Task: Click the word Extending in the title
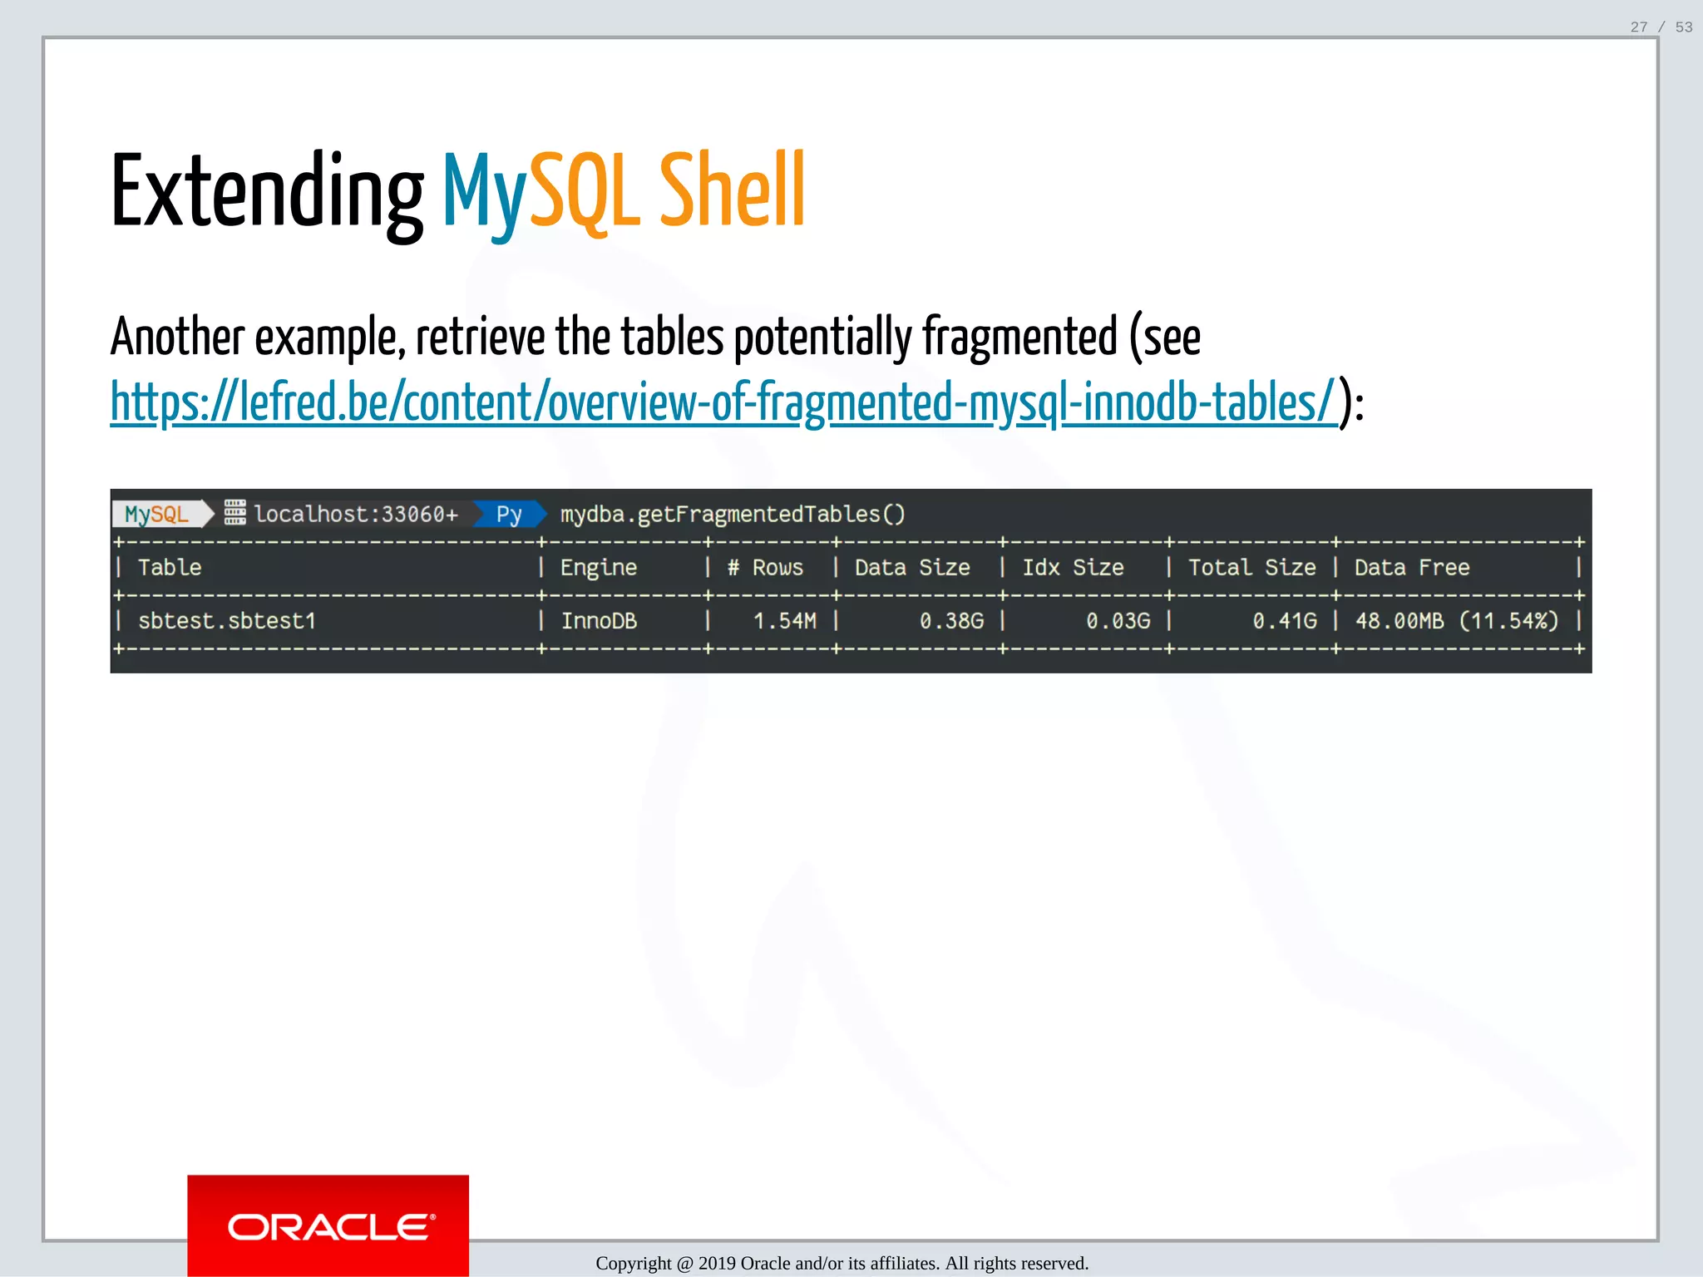[266, 193]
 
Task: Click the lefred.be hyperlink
[723, 402]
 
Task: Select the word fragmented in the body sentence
[1019, 338]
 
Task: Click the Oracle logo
[328, 1226]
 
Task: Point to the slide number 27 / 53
[1661, 27]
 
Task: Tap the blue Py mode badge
[509, 514]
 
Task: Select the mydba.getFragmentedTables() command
[733, 514]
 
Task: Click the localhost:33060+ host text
[356, 514]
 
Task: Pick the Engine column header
[599, 568]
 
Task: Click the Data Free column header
[1412, 568]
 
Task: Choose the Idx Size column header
[1073, 568]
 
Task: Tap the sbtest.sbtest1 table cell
[227, 621]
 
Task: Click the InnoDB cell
[599, 621]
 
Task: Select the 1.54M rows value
[784, 621]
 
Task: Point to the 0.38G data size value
[951, 621]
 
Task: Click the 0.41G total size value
[1285, 621]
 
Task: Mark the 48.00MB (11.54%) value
[1457, 621]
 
